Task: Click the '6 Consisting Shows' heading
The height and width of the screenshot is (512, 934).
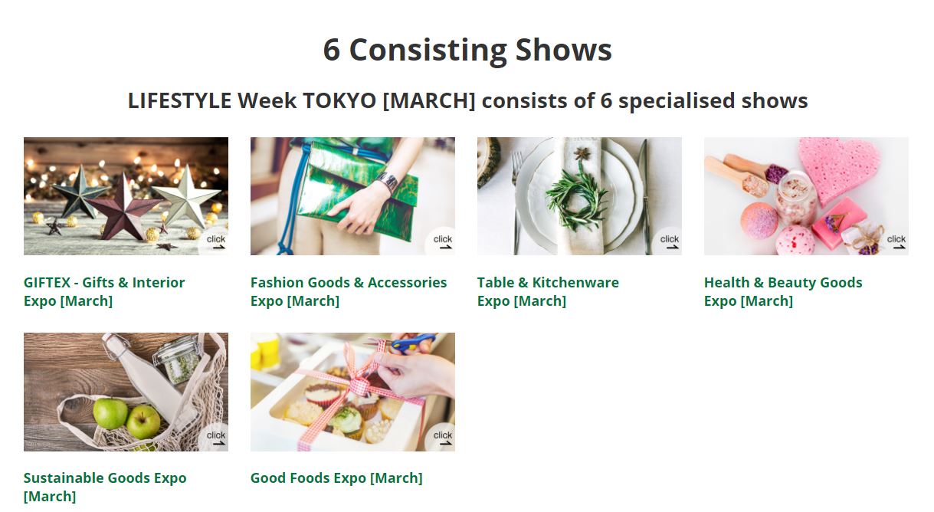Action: (x=467, y=50)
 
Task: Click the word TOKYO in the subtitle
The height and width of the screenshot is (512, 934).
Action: (x=339, y=100)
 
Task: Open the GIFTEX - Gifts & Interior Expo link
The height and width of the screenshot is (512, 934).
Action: (x=104, y=291)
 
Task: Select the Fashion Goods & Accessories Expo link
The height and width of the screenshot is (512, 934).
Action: (x=349, y=291)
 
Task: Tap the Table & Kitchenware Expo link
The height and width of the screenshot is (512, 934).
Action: (x=548, y=291)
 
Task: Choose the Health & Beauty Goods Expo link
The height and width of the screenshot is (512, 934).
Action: (x=783, y=291)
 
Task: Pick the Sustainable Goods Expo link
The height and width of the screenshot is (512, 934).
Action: (x=105, y=487)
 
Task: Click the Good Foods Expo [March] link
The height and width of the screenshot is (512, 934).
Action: (x=336, y=478)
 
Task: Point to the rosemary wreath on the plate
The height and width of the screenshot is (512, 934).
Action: (x=577, y=200)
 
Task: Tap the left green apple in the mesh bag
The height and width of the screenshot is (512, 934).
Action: (x=110, y=413)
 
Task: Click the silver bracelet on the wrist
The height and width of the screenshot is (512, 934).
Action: (x=388, y=182)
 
